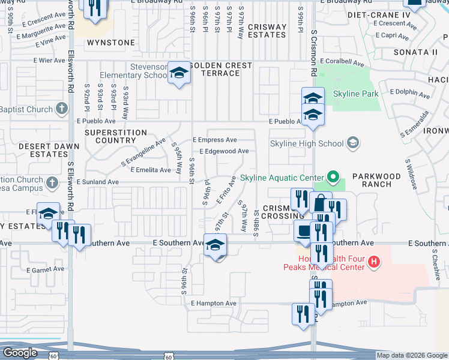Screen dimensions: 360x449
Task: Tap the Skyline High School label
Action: pos(306,143)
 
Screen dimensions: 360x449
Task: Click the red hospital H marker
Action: pos(373,262)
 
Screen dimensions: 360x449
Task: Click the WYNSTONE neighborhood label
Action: pos(111,43)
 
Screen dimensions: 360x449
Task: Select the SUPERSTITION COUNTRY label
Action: pos(116,136)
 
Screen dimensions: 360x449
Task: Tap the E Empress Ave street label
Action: pos(214,140)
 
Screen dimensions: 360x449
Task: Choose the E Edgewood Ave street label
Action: pos(224,151)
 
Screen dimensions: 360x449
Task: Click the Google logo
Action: pos(20,353)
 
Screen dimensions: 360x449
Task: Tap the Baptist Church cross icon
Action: pos(61,108)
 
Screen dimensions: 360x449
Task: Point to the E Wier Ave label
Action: pos(49,61)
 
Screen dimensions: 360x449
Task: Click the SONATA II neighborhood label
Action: pos(415,52)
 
